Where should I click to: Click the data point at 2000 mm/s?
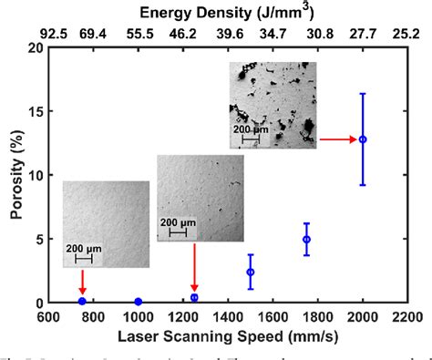point(363,139)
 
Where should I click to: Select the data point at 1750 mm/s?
point(306,240)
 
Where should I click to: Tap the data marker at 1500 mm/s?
point(251,272)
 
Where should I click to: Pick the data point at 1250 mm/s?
point(194,297)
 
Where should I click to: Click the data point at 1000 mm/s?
point(139,302)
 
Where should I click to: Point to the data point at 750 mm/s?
point(82,301)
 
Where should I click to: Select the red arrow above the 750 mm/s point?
point(82,281)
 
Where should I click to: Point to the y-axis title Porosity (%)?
point(15,176)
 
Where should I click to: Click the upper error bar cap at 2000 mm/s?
point(363,94)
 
